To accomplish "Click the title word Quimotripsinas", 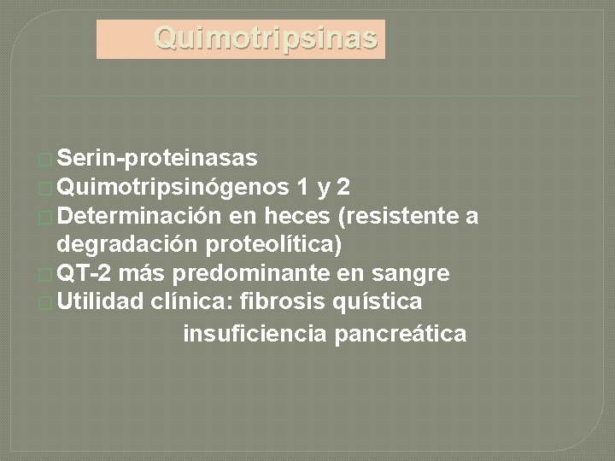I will pyautogui.click(x=265, y=38).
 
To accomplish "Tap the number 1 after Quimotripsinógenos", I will pyautogui.click(x=305, y=187).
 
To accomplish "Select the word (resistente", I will pyautogui.click(x=395, y=216).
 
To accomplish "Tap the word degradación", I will pyautogui.click(x=129, y=245).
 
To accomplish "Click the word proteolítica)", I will pyautogui.click(x=274, y=245).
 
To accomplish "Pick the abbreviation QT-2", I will pyautogui.click(x=87, y=274).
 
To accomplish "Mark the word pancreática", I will pyautogui.click(x=401, y=334).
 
